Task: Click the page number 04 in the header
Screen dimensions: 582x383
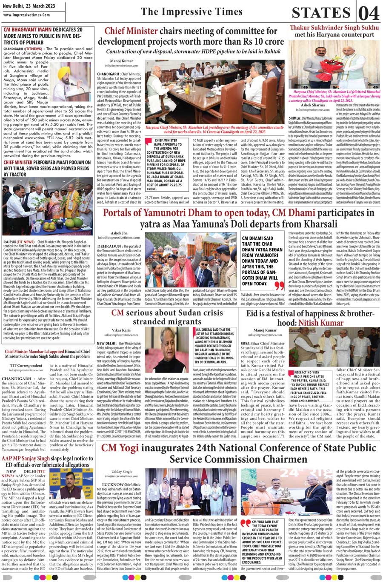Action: point(369,13)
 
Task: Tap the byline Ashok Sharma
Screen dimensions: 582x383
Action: point(312,105)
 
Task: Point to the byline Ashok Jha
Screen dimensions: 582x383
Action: point(119,233)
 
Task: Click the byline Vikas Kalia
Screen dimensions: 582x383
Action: point(121,330)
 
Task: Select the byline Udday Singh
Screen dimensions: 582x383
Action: point(122,472)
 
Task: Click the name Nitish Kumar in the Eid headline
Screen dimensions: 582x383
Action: point(327,323)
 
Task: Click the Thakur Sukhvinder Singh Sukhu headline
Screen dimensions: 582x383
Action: point(334,28)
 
